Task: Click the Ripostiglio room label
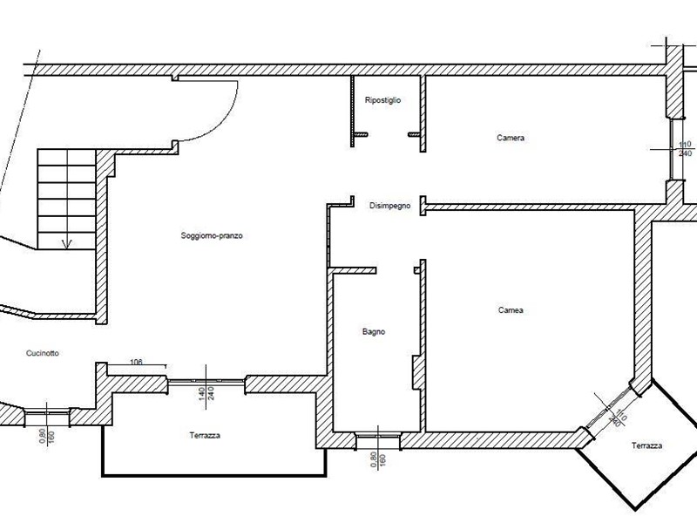click(x=382, y=100)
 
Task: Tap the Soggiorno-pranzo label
click(x=212, y=235)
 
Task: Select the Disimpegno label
click(x=389, y=206)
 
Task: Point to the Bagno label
click(x=374, y=332)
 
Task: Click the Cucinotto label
click(x=42, y=353)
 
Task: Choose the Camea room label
click(x=511, y=310)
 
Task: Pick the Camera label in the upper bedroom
click(x=511, y=138)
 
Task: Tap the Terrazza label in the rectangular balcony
click(x=205, y=435)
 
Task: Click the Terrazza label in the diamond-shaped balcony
click(x=646, y=445)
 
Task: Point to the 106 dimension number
click(x=136, y=362)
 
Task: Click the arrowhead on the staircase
click(x=67, y=244)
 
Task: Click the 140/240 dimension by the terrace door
click(x=206, y=393)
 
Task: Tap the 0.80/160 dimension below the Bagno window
click(x=378, y=459)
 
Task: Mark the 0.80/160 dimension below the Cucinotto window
click(x=47, y=437)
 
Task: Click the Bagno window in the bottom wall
click(x=378, y=440)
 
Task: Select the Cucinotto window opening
click(x=47, y=418)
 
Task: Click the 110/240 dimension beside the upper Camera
click(x=685, y=149)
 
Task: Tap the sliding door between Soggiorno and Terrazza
click(x=206, y=381)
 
